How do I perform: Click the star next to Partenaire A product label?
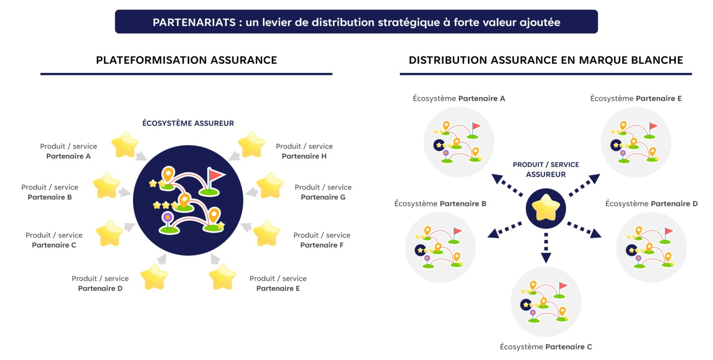click(x=125, y=145)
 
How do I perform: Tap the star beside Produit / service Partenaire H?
click(x=251, y=145)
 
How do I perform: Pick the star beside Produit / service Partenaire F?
click(x=266, y=234)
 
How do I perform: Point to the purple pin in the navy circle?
click(x=167, y=218)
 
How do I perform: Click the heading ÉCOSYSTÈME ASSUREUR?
click(x=188, y=123)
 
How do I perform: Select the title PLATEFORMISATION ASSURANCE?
click(x=186, y=60)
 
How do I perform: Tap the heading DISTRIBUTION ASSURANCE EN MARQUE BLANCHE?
click(x=546, y=60)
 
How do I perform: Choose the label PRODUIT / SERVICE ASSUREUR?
click(x=546, y=170)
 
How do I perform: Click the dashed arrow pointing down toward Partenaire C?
click(x=546, y=248)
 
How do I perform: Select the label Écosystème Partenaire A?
click(x=459, y=98)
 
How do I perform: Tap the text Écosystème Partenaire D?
click(x=651, y=204)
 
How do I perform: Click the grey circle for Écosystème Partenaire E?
click(x=636, y=142)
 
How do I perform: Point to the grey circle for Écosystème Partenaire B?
click(x=440, y=247)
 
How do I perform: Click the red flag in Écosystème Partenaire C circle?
click(x=562, y=285)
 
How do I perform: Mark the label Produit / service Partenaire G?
click(x=323, y=192)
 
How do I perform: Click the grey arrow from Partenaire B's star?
click(x=125, y=192)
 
